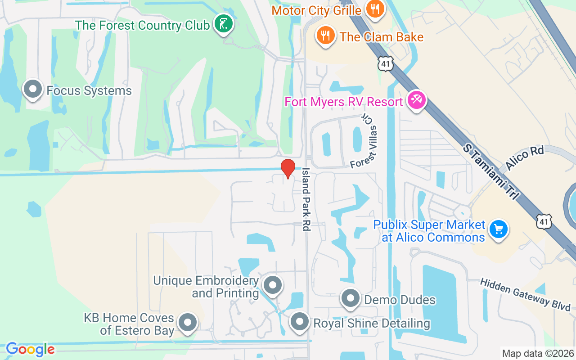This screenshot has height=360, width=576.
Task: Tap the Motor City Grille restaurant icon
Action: coord(374,9)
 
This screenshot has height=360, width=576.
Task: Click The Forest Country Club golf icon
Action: coord(223,24)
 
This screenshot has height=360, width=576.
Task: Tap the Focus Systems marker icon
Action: coord(33,90)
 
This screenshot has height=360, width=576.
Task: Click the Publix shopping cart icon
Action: coord(498,230)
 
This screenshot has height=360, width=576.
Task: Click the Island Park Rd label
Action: coord(306,199)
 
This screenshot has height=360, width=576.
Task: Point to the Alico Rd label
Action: coord(524,157)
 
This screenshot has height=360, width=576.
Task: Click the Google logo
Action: coord(30,349)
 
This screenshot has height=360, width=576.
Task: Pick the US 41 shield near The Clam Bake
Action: coord(385,63)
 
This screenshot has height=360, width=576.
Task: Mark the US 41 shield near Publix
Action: coord(544,221)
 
